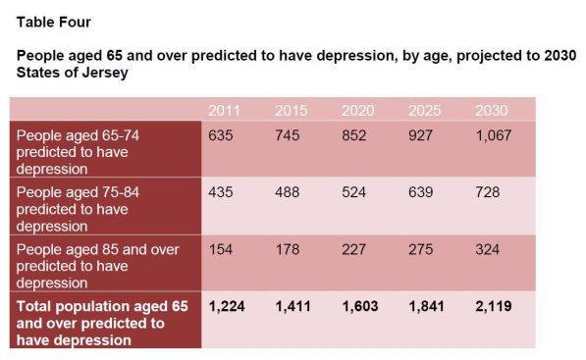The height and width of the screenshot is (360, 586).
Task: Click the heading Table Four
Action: pos(53,23)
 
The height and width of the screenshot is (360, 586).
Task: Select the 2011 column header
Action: pos(224,111)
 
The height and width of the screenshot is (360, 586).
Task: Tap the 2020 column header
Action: pos(357,111)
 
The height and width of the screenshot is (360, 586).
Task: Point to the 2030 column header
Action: pos(491,111)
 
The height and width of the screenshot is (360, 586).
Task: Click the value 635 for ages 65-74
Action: pos(221,135)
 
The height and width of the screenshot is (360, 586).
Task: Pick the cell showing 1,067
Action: pos(494,135)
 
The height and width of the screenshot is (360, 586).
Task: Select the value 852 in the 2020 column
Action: pos(354,135)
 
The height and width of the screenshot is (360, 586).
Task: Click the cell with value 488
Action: pos(287,192)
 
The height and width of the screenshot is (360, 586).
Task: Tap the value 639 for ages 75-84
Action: pos(420,192)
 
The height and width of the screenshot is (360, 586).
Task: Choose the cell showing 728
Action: pos(487,192)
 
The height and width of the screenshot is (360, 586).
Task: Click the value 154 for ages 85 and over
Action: pos(221,249)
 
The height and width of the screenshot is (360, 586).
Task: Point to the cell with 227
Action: pos(354,249)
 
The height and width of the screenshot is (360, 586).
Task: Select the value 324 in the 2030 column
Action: pos(487,249)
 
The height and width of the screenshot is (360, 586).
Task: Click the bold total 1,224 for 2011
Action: pos(227,307)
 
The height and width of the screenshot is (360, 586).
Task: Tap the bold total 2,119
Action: pos(494,307)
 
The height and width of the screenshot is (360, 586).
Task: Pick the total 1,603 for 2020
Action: pos(360,307)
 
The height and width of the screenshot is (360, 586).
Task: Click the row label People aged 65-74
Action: pos(78,135)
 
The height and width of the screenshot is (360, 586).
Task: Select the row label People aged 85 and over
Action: pos(97,249)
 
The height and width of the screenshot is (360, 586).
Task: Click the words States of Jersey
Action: pos(72,73)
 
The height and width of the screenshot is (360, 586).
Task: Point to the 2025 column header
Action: pos(424,111)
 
